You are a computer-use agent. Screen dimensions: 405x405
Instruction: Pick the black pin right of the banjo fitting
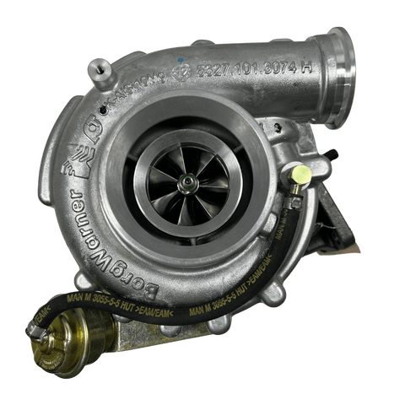point(331,154)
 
